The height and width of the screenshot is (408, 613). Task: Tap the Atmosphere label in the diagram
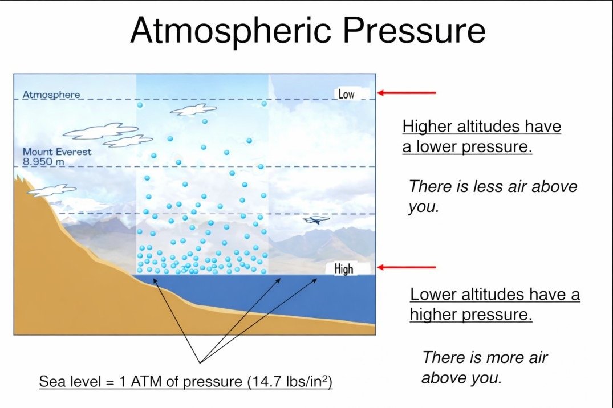(51, 95)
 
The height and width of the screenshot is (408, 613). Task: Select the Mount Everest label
(57, 152)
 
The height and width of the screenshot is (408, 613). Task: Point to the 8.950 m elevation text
(43, 161)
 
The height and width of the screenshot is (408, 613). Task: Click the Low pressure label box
(352, 94)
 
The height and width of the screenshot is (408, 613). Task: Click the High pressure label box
(348, 268)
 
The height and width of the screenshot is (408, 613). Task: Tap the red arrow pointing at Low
(407, 93)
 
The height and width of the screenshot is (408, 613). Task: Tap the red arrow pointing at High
(407, 267)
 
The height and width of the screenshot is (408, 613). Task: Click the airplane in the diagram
(316, 220)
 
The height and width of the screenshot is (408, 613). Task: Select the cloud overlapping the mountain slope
(52, 191)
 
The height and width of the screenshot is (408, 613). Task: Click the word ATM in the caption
(147, 381)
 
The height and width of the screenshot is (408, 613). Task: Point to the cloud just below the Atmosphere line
(193, 110)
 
